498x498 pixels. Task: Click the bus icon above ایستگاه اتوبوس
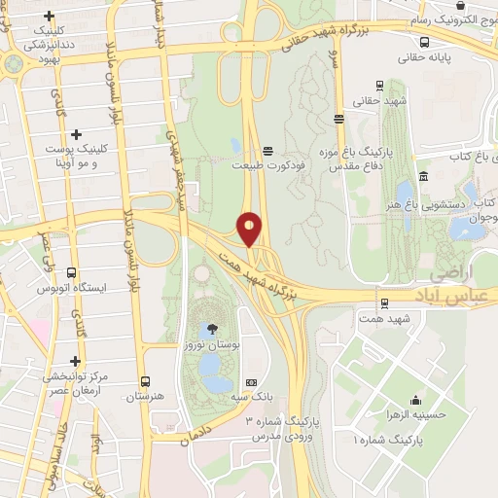pos(70,274)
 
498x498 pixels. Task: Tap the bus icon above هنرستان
pos(145,381)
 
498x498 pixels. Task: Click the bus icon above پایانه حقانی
pos(425,42)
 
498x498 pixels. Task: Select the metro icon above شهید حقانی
pos(338,120)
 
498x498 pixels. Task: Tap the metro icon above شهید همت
pos(384,303)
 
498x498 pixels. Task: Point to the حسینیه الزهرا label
pos(415,414)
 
